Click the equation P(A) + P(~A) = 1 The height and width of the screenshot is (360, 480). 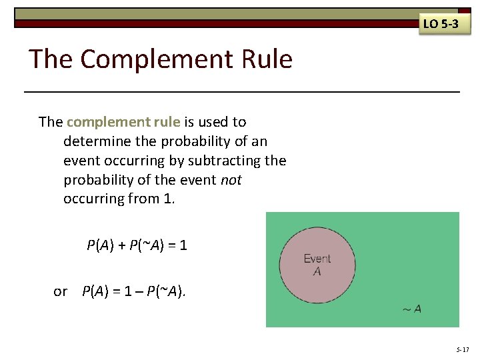coord(137,245)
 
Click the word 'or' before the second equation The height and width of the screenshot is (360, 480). coord(61,291)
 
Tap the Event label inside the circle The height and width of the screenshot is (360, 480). coord(317,259)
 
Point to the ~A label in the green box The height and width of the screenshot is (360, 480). coord(411,309)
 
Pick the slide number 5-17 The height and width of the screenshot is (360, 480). coord(463,349)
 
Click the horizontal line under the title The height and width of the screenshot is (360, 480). coord(241,91)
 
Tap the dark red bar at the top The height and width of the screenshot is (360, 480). coord(213,24)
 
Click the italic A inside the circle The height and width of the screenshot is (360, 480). coord(317,271)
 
